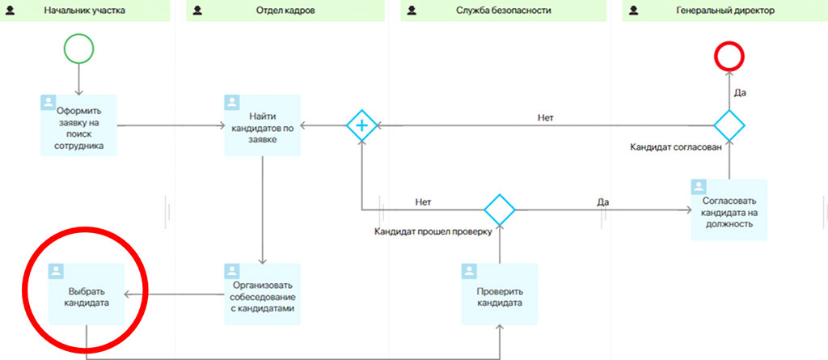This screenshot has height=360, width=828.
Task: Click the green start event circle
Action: click(x=78, y=49)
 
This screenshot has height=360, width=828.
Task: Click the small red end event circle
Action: click(x=729, y=57)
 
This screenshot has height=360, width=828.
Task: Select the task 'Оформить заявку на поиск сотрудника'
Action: click(x=78, y=125)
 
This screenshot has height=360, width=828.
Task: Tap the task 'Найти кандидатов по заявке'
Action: click(x=262, y=125)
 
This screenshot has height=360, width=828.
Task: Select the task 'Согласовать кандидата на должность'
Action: click(x=729, y=210)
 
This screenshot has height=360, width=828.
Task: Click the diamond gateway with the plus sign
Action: click(x=361, y=125)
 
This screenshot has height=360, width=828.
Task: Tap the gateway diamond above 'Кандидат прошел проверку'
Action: click(x=500, y=210)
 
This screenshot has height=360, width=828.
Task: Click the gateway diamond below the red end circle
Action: click(x=729, y=125)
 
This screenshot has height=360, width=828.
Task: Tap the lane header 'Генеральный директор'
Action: click(x=724, y=11)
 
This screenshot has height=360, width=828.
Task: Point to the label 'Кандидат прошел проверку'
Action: click(x=433, y=231)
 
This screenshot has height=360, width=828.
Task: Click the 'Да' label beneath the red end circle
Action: click(x=739, y=93)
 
